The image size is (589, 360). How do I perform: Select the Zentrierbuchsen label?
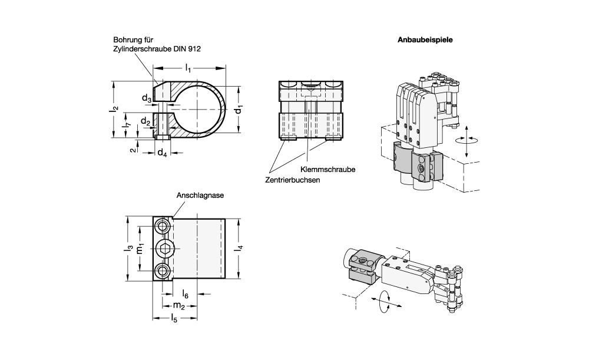[x=293, y=180]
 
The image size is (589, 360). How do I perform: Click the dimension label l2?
[x=116, y=108]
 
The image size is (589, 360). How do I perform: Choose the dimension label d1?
[x=239, y=110]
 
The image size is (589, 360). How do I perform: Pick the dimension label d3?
[x=147, y=98]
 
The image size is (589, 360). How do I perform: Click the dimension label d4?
[x=163, y=153]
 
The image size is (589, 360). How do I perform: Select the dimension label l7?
[x=125, y=125]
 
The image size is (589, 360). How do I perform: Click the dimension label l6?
[x=185, y=293]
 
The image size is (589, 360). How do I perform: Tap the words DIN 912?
[x=190, y=49]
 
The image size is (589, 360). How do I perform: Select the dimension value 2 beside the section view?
[x=134, y=150]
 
